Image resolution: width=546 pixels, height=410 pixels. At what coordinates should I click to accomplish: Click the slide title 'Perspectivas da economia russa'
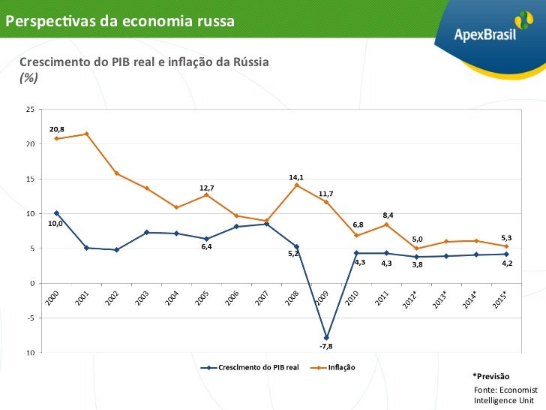click(x=120, y=20)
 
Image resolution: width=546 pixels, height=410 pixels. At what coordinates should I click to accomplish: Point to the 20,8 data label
click(x=57, y=129)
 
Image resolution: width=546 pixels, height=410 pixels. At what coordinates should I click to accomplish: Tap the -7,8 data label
click(x=326, y=346)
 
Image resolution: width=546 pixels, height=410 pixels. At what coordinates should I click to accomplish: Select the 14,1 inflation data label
click(x=296, y=177)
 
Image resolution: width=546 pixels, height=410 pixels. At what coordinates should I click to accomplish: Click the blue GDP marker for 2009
click(x=326, y=338)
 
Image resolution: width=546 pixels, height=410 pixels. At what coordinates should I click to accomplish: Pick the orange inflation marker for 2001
click(x=87, y=134)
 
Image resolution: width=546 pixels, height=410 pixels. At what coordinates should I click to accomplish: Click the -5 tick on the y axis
click(x=29, y=318)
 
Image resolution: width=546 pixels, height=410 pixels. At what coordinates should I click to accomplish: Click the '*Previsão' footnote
click(x=490, y=375)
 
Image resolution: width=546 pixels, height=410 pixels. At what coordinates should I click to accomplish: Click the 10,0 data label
click(x=55, y=223)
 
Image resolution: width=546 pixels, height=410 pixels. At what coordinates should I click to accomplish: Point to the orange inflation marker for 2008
click(x=296, y=185)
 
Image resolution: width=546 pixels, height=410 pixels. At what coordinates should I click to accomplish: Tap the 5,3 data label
click(x=506, y=237)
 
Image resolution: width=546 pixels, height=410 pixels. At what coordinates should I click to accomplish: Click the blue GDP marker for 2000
click(x=57, y=213)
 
